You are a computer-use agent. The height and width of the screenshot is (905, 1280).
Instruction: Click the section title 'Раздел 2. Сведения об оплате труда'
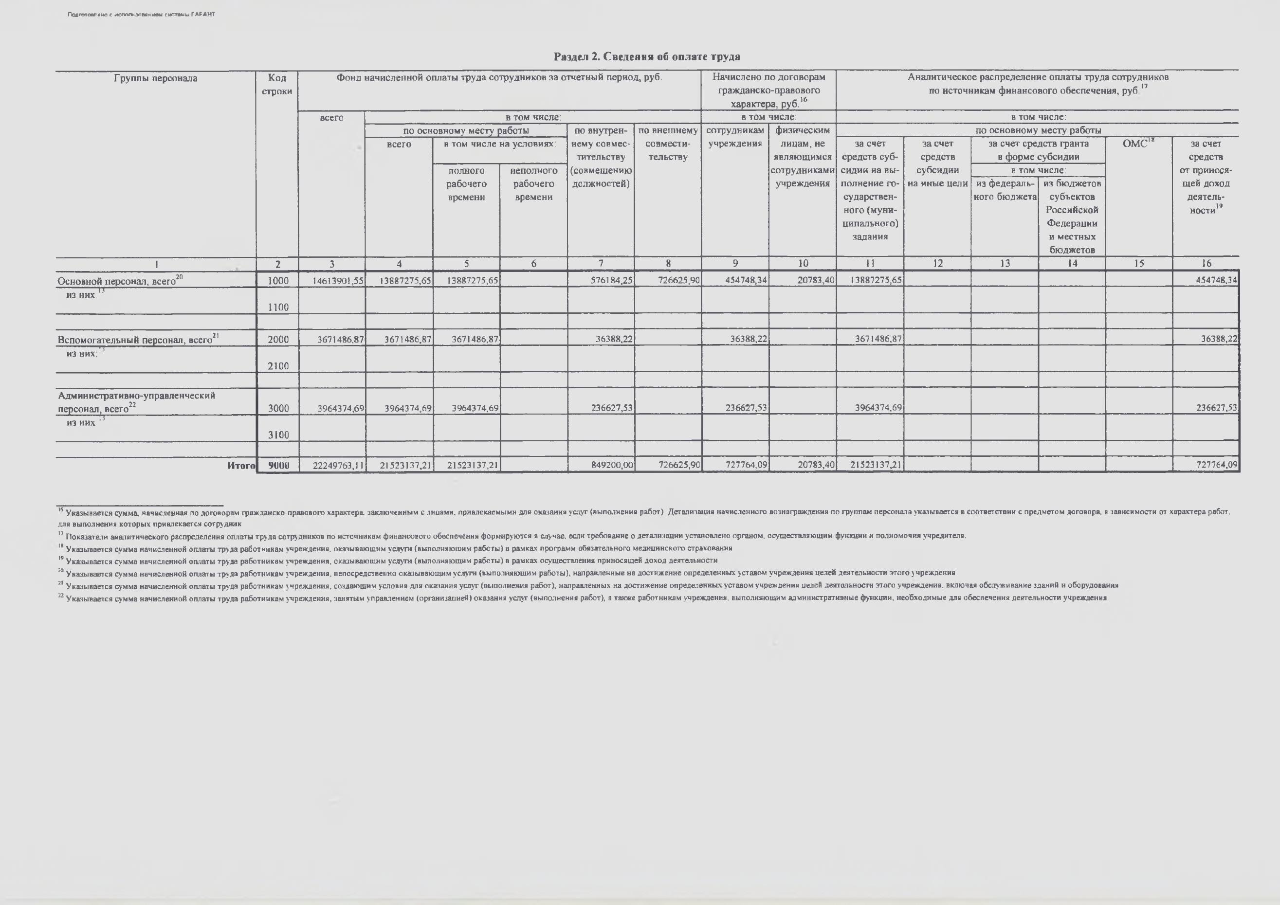647,57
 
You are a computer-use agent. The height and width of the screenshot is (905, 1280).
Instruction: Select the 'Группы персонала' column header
156,78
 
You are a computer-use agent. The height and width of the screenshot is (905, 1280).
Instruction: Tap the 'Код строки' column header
277,85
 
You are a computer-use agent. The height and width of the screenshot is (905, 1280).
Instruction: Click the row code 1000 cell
277,280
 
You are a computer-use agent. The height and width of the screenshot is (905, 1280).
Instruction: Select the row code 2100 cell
277,366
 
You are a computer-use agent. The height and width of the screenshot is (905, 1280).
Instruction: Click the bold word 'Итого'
241,465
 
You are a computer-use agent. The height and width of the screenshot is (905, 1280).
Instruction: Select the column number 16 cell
1206,264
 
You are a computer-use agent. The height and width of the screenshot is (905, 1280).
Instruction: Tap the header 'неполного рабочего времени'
533,184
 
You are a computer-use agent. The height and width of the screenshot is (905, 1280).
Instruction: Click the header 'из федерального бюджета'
1005,190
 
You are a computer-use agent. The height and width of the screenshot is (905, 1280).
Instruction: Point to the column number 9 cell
735,264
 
